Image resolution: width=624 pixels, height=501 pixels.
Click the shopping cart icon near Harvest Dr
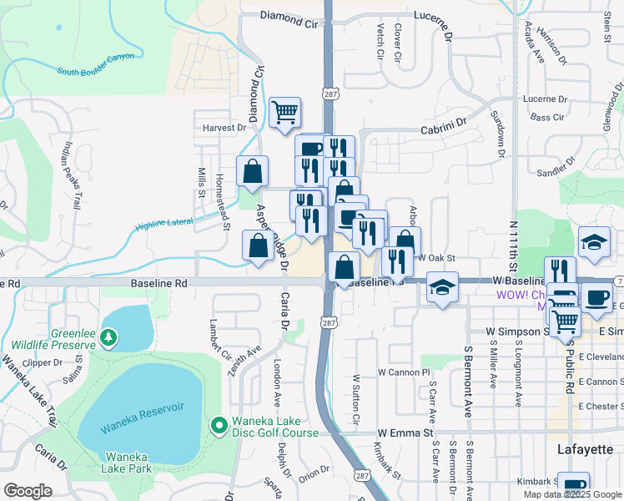pos(285,112)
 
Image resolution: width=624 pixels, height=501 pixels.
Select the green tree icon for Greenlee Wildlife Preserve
pos(108,337)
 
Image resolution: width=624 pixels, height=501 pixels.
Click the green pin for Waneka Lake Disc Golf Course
pos(219,426)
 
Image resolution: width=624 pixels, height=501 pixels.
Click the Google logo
pos(28,491)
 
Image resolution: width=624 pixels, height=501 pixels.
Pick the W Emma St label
pos(405,433)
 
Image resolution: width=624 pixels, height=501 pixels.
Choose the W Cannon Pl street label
pos(403,372)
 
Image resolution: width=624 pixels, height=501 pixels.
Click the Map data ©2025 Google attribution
pos(572,494)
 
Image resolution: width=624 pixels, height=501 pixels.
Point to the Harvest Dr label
pos(225,128)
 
